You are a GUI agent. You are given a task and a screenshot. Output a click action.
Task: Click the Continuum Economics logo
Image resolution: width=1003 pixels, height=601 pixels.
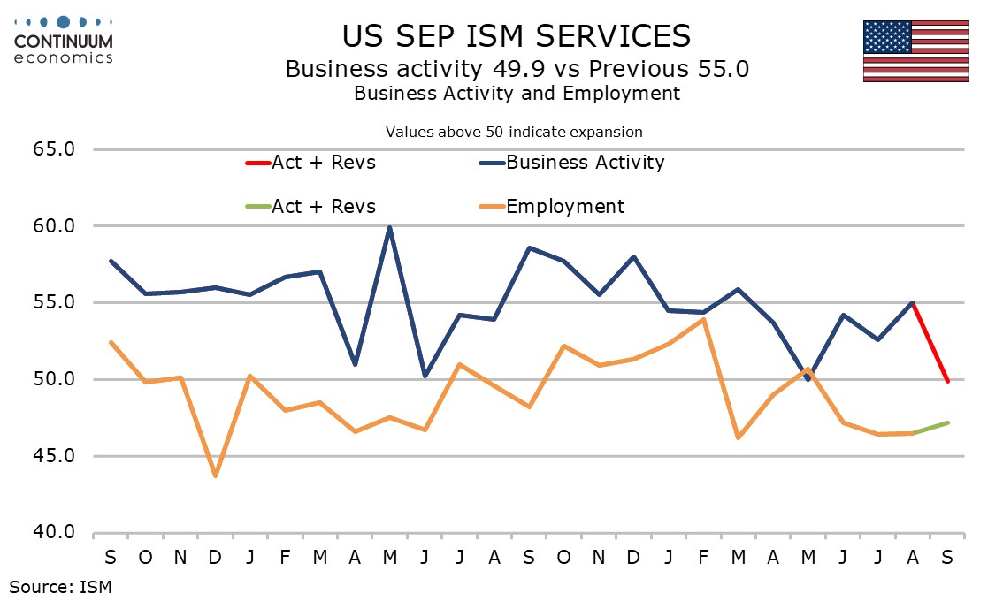coord(63,40)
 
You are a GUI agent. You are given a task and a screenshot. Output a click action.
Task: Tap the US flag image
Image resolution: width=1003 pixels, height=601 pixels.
coord(915,50)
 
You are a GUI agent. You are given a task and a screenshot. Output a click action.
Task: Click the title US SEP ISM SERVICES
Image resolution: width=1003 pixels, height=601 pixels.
coord(517,35)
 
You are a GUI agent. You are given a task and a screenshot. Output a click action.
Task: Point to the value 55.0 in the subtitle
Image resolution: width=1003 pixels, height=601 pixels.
coord(721,69)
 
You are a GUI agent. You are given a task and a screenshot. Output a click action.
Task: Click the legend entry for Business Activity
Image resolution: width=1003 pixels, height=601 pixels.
coord(584,163)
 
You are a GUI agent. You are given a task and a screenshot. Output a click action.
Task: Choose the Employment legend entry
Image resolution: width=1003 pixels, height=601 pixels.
coord(564,207)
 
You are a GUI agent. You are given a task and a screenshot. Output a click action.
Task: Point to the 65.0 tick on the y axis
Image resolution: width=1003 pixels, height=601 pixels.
coord(55,149)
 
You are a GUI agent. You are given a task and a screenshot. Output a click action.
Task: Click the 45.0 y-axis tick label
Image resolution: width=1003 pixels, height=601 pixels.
coord(55,457)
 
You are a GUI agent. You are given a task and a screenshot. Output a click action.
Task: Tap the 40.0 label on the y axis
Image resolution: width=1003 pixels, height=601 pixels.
coord(55,533)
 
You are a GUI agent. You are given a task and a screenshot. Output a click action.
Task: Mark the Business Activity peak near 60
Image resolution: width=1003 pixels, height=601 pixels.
coord(389,227)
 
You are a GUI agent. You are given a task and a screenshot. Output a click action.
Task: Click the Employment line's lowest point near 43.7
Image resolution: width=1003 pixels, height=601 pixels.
coord(215,476)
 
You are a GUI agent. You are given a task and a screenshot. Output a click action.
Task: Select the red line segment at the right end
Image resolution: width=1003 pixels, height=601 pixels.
coord(930,342)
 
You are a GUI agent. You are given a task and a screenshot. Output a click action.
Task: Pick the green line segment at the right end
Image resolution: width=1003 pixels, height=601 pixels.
coord(930,428)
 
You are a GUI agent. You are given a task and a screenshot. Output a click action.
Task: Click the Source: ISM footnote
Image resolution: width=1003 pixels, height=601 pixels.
coord(60,585)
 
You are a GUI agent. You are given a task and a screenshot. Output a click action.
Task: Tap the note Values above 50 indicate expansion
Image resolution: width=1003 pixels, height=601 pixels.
coord(514,132)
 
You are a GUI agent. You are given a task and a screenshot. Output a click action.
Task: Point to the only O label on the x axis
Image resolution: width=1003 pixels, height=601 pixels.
coord(145,559)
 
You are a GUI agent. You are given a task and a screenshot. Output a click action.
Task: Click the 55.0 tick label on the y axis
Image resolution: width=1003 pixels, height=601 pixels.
coord(55,303)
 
